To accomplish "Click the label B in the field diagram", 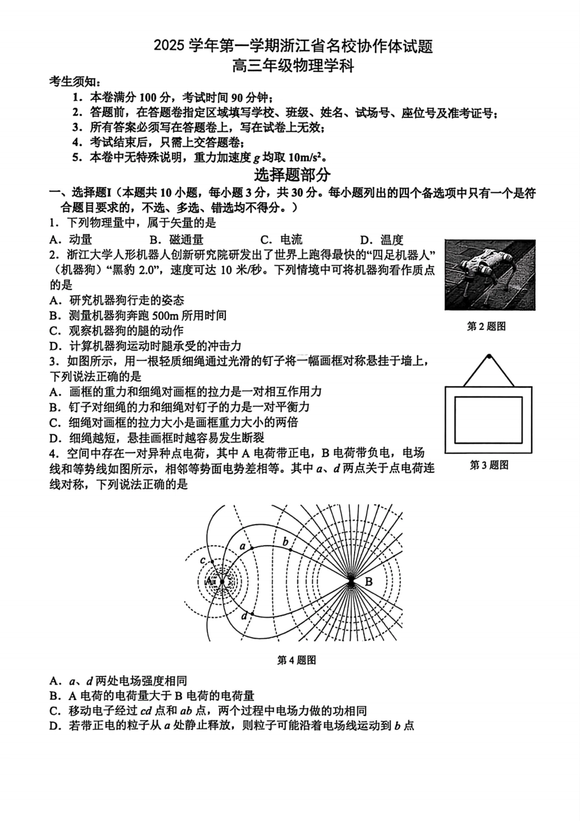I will (x=368, y=582).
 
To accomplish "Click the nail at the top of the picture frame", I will (x=488, y=356).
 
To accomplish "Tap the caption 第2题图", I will (x=487, y=326).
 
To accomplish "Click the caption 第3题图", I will (x=488, y=465).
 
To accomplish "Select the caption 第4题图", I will (x=296, y=660).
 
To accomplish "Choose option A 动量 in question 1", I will (x=72, y=240).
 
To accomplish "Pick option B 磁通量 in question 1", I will (x=176, y=240).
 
